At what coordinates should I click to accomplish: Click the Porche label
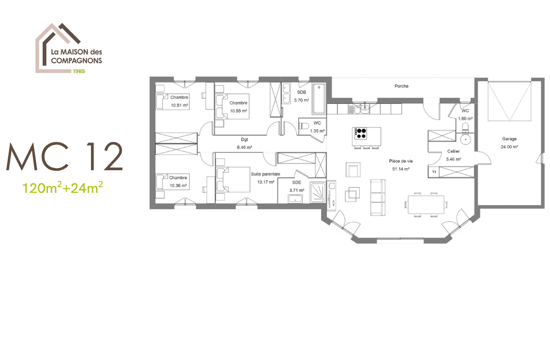(x=401, y=86)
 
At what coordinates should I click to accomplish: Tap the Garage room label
(x=509, y=139)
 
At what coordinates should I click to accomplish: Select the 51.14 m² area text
(x=400, y=169)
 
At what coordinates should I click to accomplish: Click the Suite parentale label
(x=265, y=174)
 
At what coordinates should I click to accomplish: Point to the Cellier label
(x=453, y=152)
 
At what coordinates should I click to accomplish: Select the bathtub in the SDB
(x=319, y=99)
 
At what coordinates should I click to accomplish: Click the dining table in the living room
(x=426, y=204)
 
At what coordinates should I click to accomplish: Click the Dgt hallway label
(x=245, y=139)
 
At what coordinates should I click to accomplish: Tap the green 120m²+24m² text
(x=63, y=187)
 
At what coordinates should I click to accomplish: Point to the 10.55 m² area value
(x=239, y=111)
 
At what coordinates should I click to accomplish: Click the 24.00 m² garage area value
(x=509, y=147)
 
